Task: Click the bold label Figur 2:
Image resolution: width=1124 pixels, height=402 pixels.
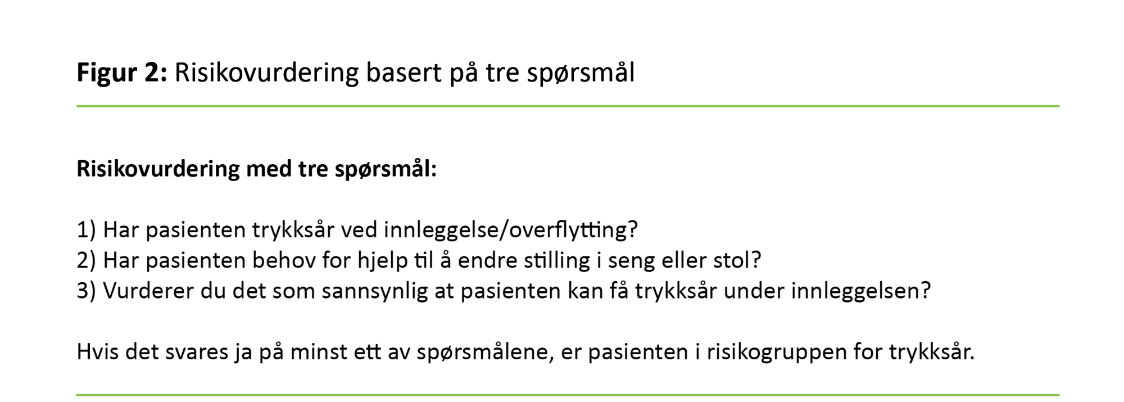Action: coord(121,73)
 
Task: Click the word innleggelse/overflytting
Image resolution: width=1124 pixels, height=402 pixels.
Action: coord(510,229)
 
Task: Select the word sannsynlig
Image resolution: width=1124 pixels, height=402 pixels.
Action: coord(374,292)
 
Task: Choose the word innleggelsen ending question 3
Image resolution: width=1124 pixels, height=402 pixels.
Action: coord(860,291)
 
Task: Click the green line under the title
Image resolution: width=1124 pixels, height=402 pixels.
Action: coord(568,106)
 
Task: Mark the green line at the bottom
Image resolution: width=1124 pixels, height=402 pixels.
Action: coord(568,395)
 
